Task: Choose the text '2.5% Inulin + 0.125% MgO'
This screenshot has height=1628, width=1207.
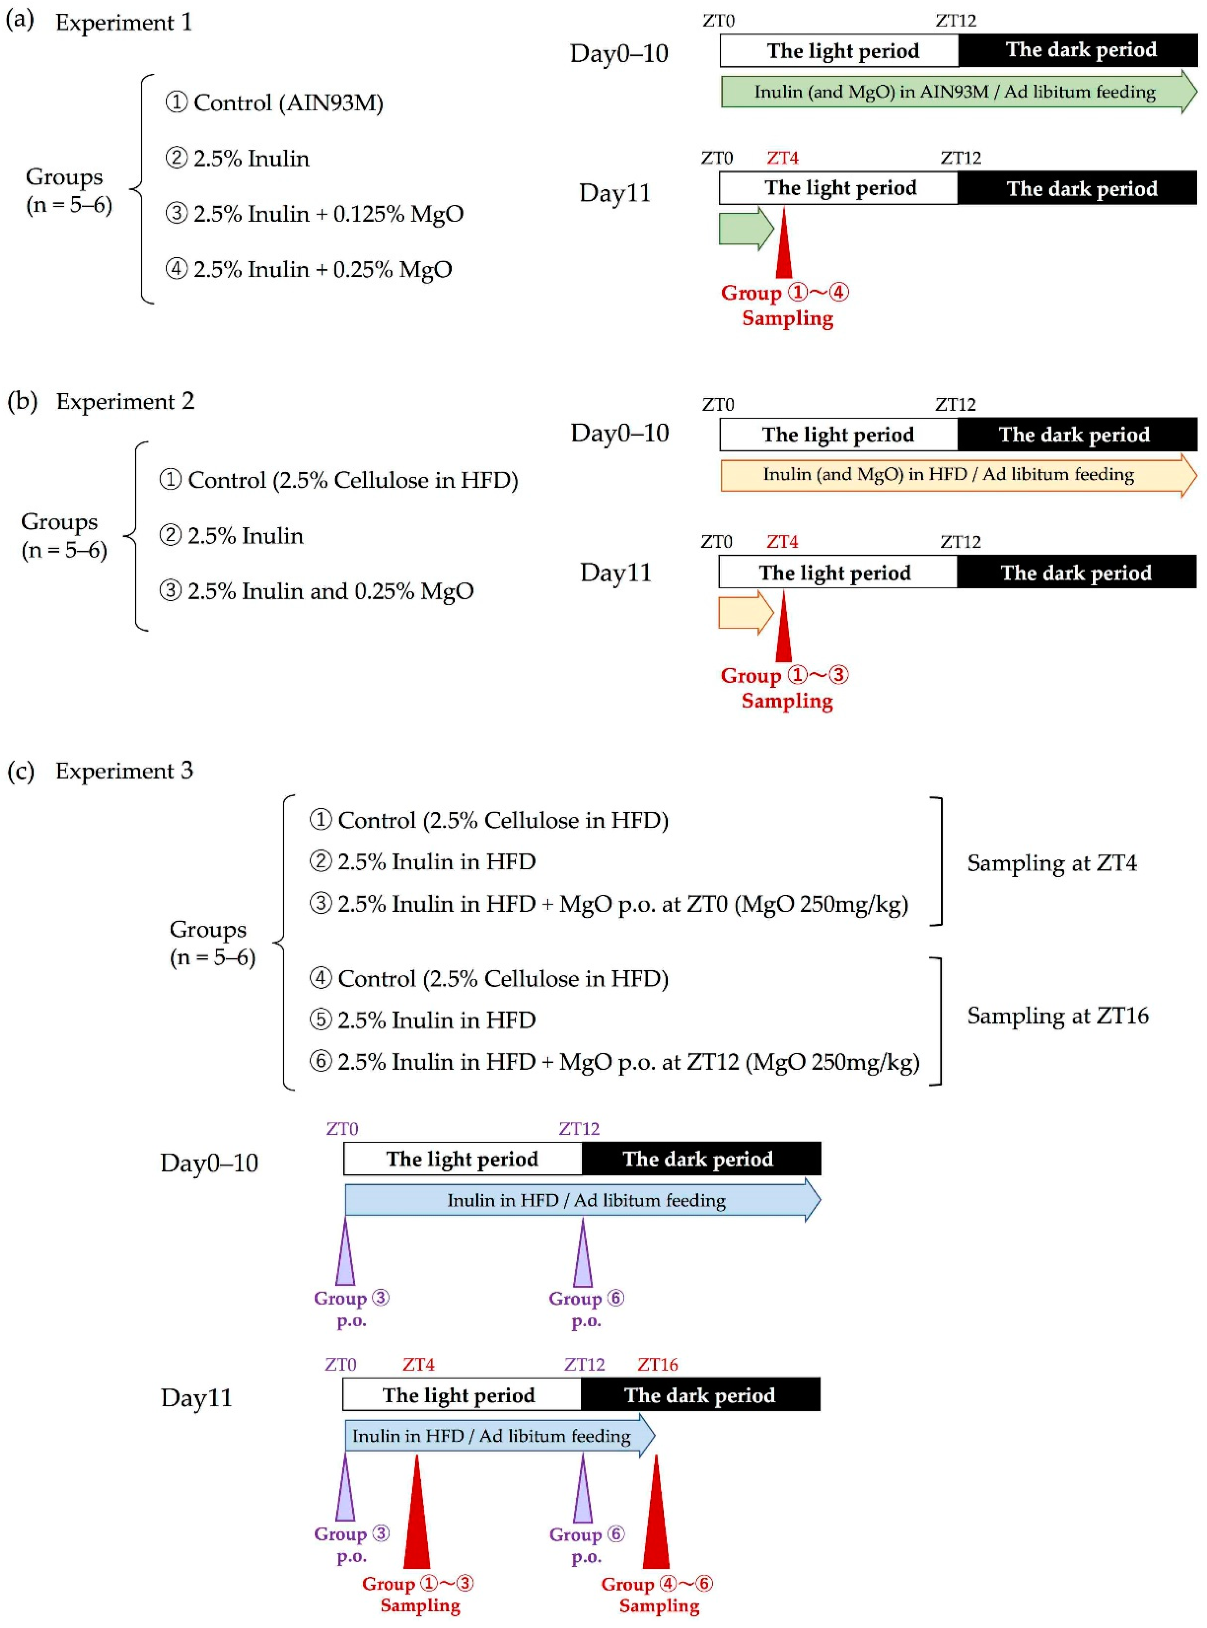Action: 328,214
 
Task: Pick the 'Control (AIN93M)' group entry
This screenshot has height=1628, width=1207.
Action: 288,103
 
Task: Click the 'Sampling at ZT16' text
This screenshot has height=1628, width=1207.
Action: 1057,1016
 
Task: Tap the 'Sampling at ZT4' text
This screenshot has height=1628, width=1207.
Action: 1051,863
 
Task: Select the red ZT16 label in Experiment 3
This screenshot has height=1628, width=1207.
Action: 658,1364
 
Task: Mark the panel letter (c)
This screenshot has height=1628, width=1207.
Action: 21,771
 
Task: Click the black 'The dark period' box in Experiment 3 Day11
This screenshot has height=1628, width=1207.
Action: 700,1395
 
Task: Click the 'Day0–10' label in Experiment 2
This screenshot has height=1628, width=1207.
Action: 620,433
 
